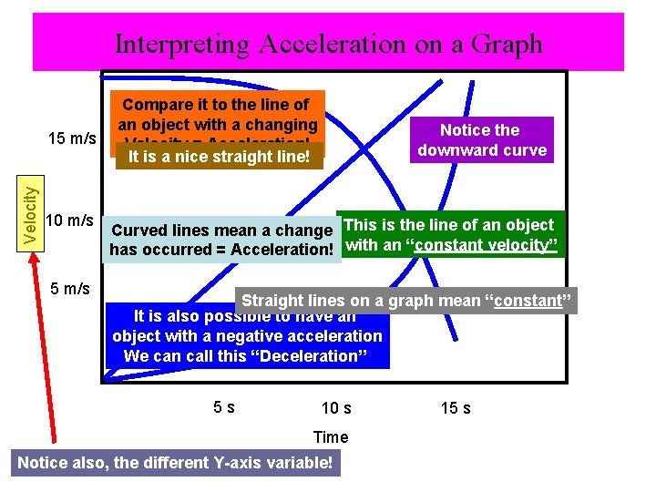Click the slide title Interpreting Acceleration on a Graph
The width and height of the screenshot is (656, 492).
(x=328, y=44)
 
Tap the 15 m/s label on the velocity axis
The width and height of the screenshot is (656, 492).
(x=72, y=138)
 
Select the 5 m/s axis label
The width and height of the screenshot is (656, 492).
(x=70, y=289)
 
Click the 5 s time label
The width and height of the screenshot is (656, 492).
(x=224, y=407)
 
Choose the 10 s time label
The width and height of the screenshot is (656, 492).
(x=336, y=408)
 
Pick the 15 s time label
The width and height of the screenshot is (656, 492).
(x=456, y=408)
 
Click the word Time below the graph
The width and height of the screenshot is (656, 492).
(x=331, y=437)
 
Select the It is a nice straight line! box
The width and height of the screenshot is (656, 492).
(x=220, y=157)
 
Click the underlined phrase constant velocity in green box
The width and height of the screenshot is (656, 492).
(x=486, y=244)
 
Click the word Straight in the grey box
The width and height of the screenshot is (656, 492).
(x=270, y=301)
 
